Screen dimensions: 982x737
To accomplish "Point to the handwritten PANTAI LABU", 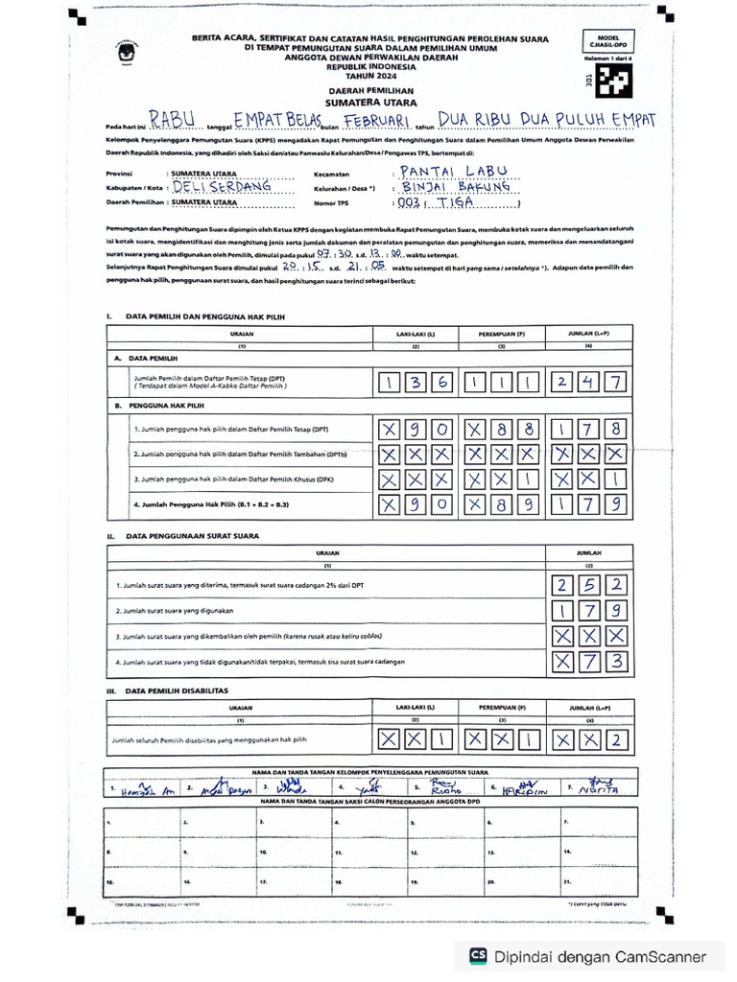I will [x=450, y=172].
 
